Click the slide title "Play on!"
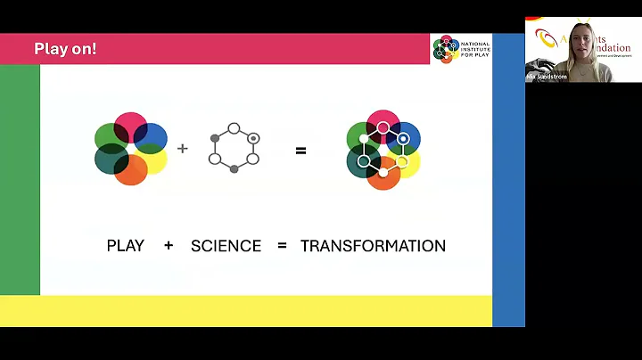(65, 49)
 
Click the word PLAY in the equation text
(125, 245)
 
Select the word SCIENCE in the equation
(226, 245)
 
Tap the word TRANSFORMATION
(373, 245)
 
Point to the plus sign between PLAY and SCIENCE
(168, 245)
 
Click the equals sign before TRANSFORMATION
(282, 245)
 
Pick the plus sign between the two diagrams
(183, 148)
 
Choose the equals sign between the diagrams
(300, 151)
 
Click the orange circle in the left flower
(130, 169)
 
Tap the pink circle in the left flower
(130, 125)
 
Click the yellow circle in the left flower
(154, 160)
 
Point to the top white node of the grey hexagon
(234, 128)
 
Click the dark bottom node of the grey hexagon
(234, 168)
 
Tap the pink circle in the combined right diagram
(383, 123)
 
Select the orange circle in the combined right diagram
(384, 175)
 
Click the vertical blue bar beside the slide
(508, 178)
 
